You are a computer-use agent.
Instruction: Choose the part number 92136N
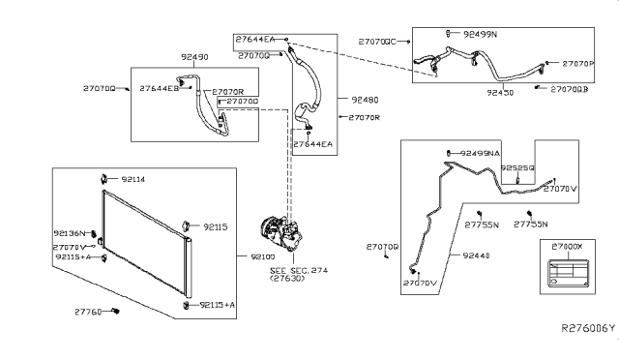tap(71, 234)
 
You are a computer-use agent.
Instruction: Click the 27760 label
tap(88, 312)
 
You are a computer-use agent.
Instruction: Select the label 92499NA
tap(481, 153)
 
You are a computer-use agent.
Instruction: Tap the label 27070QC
tap(377, 42)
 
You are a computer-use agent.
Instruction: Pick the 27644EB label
tap(159, 88)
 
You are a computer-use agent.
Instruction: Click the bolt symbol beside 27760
tap(115, 311)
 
